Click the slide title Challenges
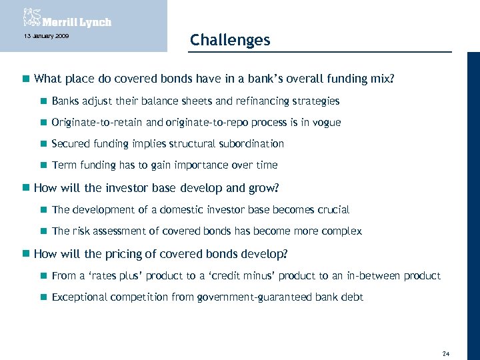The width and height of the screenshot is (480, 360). pyautogui.click(x=230, y=40)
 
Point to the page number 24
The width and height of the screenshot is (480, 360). pyautogui.click(x=446, y=353)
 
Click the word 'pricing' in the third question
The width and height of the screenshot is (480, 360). pyautogui.click(x=117, y=254)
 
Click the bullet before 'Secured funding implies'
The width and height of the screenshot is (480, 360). pyautogui.click(x=42, y=144)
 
